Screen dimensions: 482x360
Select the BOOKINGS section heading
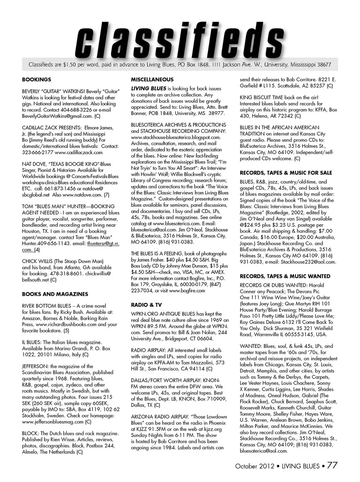click(x=36, y=80)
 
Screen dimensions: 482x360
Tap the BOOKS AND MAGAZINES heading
click(x=55, y=294)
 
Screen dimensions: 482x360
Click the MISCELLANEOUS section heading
click(x=152, y=80)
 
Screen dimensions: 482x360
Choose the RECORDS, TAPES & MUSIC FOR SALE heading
click(x=286, y=173)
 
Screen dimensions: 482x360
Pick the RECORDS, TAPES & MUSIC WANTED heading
click(x=285, y=276)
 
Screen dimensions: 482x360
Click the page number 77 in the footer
click(x=332, y=465)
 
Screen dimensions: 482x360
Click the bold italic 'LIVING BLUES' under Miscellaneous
click(x=148, y=89)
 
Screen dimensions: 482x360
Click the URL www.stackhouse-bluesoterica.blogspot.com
click(x=175, y=137)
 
